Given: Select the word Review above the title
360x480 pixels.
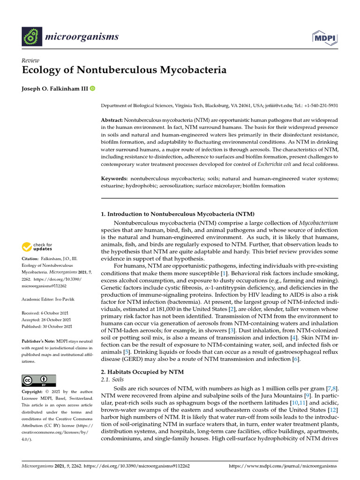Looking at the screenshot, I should click(x=30, y=60).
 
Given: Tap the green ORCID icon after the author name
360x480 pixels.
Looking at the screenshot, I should click(x=92, y=89).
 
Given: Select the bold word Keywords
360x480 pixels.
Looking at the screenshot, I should click(x=114, y=179).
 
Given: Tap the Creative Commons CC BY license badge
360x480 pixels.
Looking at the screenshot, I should click(x=39, y=380).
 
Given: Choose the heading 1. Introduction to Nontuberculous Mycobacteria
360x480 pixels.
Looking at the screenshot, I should click(x=178, y=214).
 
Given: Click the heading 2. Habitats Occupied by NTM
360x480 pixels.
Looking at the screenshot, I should click(x=142, y=372).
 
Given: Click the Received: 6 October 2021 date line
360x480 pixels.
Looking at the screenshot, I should click(x=47, y=313).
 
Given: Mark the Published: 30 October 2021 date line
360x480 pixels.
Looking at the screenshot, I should click(x=47, y=326).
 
